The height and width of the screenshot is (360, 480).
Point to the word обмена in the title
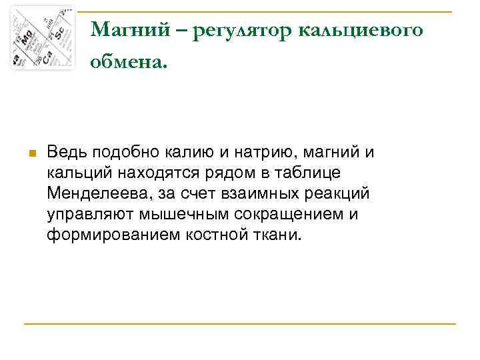tap(127, 63)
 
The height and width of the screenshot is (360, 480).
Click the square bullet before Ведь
tap(31, 153)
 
